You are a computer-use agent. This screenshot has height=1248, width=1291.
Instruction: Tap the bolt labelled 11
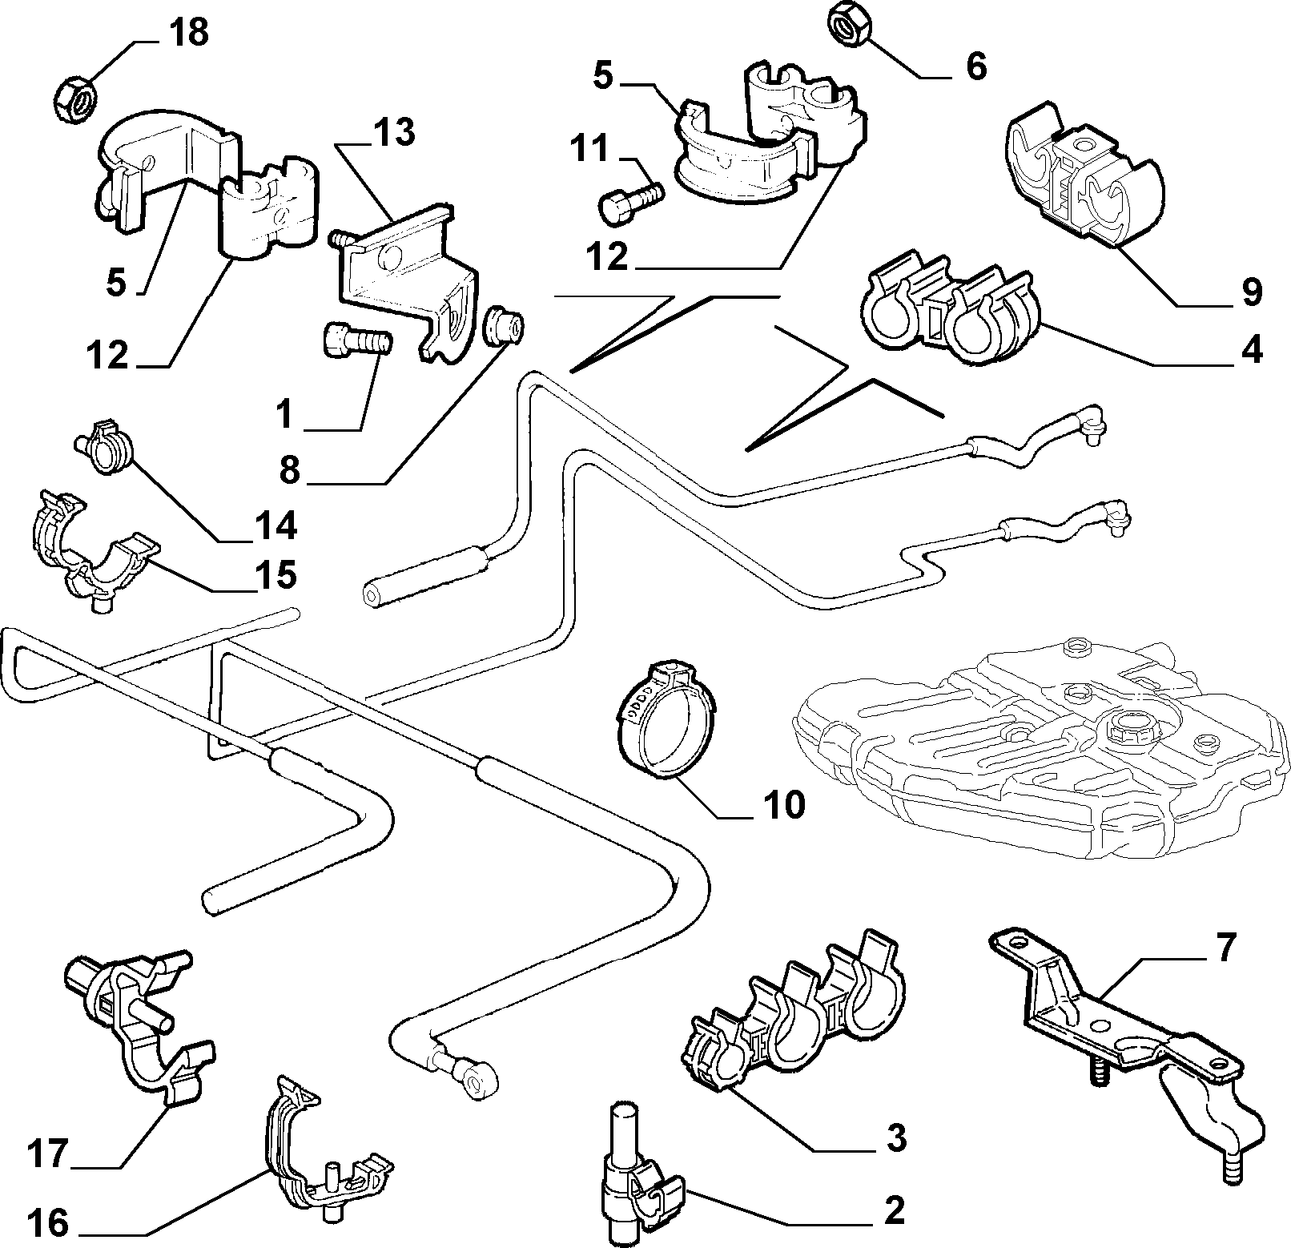coord(632,197)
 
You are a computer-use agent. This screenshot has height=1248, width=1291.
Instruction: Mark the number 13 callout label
coord(393,132)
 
